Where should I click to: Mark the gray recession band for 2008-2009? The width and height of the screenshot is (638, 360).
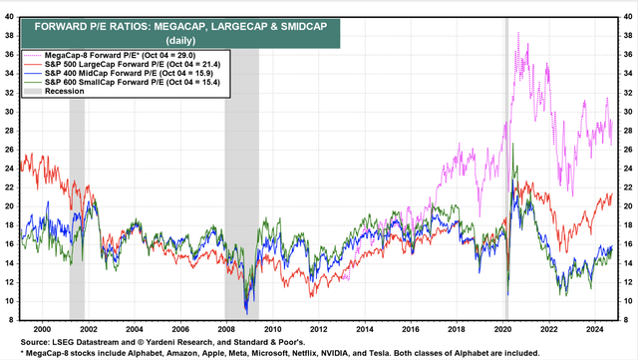241,199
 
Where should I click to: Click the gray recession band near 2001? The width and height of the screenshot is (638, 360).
77,199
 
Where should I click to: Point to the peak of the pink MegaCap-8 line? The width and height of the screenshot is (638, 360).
516,33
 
